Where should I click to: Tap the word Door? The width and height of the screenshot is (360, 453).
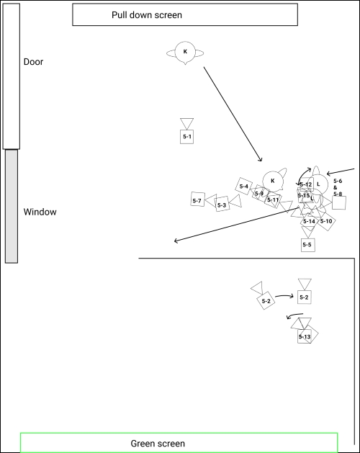click(x=33, y=62)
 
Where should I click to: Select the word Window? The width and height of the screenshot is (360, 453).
click(x=40, y=212)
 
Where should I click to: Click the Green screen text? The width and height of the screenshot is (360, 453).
click(x=158, y=444)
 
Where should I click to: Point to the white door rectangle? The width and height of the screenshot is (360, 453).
click(x=11, y=76)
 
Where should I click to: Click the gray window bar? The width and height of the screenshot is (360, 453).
click(x=12, y=206)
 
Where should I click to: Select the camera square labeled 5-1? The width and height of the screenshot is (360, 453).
click(x=187, y=136)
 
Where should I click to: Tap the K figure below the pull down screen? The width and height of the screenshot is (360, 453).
click(x=185, y=52)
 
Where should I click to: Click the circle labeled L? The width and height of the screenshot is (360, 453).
click(x=318, y=184)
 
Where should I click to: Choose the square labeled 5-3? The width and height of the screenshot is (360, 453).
click(x=222, y=205)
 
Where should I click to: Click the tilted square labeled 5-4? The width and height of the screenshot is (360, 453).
click(x=244, y=187)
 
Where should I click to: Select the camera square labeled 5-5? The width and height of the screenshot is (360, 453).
click(x=307, y=245)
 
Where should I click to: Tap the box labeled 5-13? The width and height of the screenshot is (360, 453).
click(x=305, y=336)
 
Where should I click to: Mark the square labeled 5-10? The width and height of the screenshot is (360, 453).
click(x=326, y=221)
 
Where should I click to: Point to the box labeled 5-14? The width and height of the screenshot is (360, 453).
click(x=308, y=221)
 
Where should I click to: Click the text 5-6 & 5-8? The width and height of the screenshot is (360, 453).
click(x=338, y=187)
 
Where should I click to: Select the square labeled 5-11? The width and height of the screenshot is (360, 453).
click(x=272, y=199)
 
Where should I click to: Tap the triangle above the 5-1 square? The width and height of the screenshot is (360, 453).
click(x=187, y=123)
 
